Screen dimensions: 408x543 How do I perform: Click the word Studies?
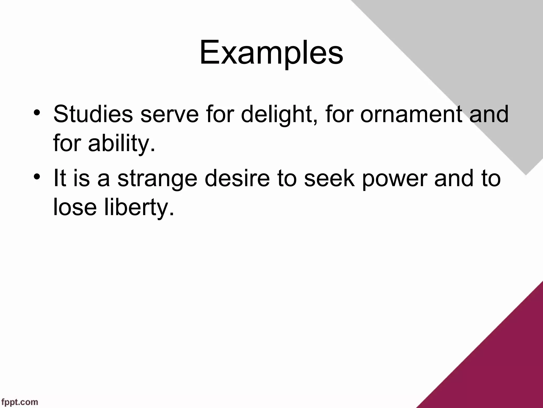pos(93,114)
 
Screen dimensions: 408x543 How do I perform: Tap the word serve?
pos(169,114)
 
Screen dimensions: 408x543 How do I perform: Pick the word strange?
pos(157,178)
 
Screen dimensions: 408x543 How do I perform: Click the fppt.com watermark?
pos(19,402)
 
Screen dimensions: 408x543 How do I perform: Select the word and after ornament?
pos(489,114)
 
